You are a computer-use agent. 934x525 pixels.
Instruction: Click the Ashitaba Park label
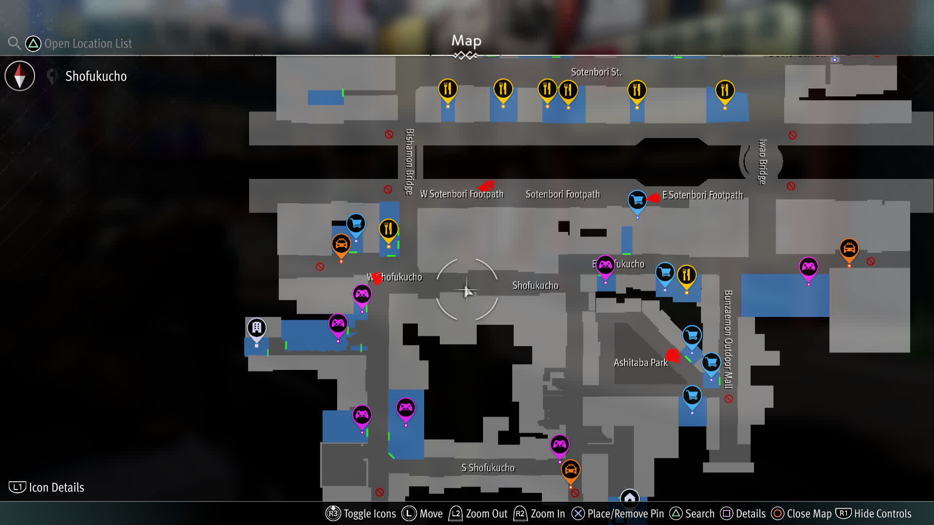tap(640, 363)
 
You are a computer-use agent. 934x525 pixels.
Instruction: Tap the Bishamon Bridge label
tap(410, 161)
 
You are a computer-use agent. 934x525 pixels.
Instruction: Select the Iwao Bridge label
tap(762, 161)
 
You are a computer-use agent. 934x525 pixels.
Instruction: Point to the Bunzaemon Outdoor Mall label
tap(728, 339)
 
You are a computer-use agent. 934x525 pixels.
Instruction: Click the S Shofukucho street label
tap(487, 468)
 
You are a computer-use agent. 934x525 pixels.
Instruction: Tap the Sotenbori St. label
tap(596, 72)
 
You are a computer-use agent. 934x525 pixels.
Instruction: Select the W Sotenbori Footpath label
tap(461, 194)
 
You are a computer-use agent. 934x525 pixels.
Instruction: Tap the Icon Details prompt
tap(47, 487)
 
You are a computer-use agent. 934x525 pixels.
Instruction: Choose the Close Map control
tap(802, 514)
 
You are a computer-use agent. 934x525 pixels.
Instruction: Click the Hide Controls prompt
tap(874, 514)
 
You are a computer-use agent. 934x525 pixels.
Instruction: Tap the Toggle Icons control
tap(361, 514)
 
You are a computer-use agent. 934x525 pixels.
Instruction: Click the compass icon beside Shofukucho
tap(20, 76)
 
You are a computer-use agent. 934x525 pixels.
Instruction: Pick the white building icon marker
tap(256, 328)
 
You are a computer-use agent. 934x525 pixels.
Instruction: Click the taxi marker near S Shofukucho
tap(570, 470)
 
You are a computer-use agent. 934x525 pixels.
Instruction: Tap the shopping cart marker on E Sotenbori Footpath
tap(637, 200)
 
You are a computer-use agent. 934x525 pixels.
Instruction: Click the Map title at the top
tap(466, 41)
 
